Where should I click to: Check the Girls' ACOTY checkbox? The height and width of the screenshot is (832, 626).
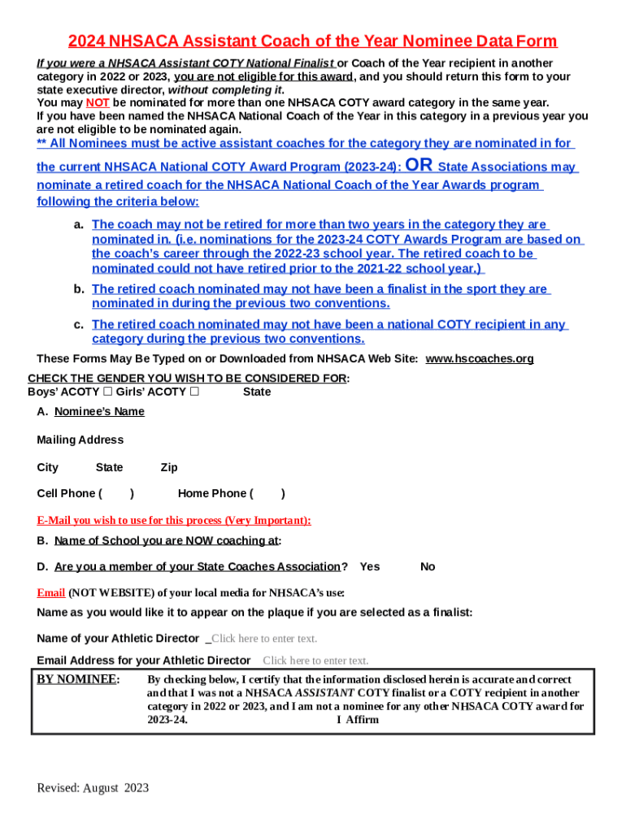(x=193, y=392)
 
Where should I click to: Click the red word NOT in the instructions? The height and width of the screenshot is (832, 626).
(x=98, y=102)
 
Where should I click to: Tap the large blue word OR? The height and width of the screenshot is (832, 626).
(x=418, y=165)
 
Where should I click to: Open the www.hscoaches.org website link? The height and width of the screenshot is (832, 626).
(x=480, y=358)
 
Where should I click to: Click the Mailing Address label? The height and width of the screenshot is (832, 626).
(x=80, y=440)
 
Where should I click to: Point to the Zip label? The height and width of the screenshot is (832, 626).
(x=168, y=467)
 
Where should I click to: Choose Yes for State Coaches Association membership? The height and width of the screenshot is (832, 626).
(x=369, y=566)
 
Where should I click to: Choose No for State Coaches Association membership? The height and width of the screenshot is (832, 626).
(x=428, y=566)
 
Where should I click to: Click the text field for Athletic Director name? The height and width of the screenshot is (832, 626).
(x=264, y=639)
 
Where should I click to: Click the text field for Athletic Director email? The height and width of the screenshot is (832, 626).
(x=315, y=661)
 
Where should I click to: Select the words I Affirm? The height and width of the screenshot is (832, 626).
(x=358, y=719)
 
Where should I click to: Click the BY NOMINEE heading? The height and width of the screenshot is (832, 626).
(x=76, y=679)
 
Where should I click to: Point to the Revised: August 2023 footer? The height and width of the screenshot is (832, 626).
(x=93, y=787)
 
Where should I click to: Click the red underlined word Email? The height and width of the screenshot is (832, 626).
(x=50, y=592)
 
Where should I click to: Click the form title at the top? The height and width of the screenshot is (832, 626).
(x=312, y=41)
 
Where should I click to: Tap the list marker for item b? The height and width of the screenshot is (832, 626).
(x=79, y=288)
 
